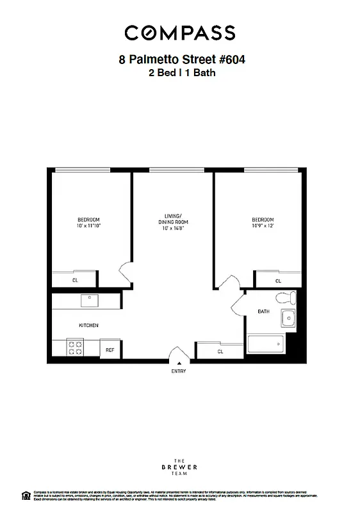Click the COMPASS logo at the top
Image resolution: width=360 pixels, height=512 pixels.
tap(180, 33)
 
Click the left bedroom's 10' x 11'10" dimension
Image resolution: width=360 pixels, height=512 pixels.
tap(90, 226)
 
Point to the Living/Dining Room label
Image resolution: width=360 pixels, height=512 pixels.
tap(172, 218)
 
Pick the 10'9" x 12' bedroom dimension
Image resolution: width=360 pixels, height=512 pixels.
tap(262, 226)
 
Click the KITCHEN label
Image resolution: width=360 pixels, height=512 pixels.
tap(88, 325)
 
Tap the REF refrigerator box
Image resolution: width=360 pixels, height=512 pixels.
tap(110, 349)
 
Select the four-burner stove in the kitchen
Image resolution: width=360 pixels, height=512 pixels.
tap(76, 348)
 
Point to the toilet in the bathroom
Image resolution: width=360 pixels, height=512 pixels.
tap(285, 298)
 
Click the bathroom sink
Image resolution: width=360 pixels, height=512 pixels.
tap(290, 317)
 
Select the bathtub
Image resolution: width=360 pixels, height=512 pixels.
tap(266, 345)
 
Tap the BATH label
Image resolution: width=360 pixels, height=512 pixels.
tap(263, 312)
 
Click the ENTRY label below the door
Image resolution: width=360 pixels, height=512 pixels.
tap(179, 372)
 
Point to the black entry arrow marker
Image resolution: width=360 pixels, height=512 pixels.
tap(179, 364)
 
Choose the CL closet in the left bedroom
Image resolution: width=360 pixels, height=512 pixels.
tap(75, 280)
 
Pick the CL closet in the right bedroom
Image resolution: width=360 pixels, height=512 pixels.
tap(278, 280)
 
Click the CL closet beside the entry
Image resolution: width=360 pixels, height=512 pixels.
tap(220, 351)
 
